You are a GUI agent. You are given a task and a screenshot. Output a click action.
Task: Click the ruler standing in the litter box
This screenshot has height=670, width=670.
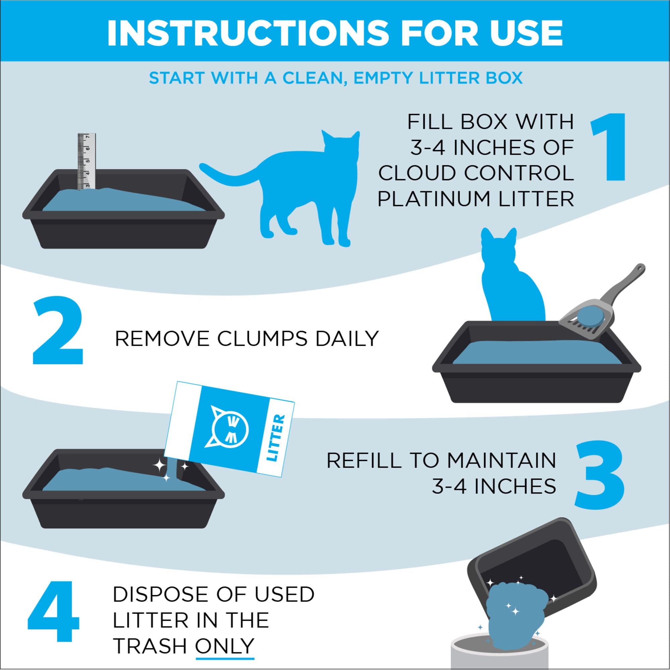[86, 161]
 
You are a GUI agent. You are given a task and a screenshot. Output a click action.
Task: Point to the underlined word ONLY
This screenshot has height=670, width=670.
[224, 646]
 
